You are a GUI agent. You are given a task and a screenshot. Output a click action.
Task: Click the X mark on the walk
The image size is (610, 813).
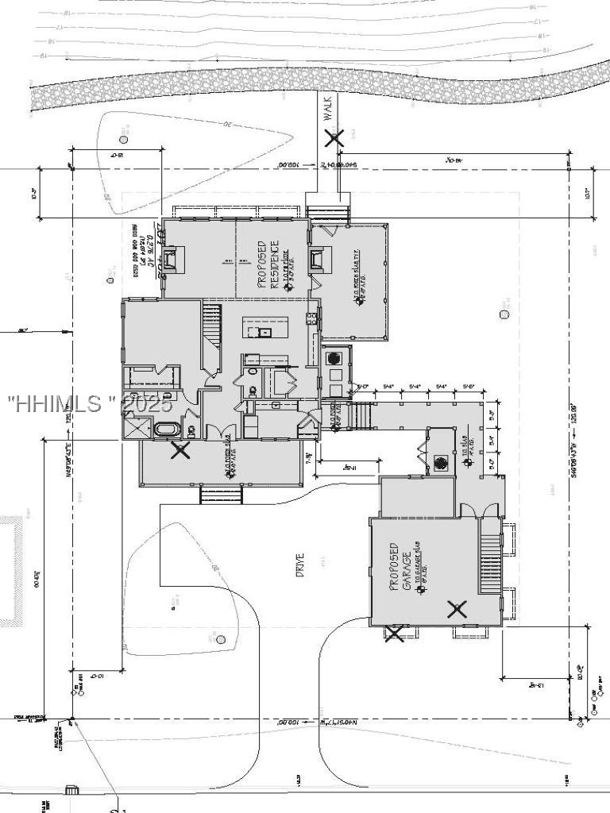pyautogui.click(x=334, y=138)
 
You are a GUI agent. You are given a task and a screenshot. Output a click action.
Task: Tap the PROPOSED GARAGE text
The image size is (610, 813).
pyautogui.click(x=401, y=567)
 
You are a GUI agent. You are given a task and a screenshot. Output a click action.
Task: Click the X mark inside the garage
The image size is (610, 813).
pyautogui.click(x=457, y=609)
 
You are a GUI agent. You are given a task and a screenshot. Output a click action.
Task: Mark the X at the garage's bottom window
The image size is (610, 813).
pyautogui.click(x=394, y=633)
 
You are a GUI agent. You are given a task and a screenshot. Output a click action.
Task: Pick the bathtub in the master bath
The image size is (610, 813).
pyautogui.click(x=168, y=430)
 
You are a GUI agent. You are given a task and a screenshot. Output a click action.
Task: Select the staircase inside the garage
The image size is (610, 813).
pyautogui.click(x=490, y=563)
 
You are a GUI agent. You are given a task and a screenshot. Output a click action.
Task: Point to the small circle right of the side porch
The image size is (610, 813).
pyautogui.click(x=504, y=314)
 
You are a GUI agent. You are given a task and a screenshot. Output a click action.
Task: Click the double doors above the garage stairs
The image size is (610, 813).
pyautogui.click(x=473, y=511)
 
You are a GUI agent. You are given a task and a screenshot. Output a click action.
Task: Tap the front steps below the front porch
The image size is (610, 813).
pyautogui.click(x=221, y=495)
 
